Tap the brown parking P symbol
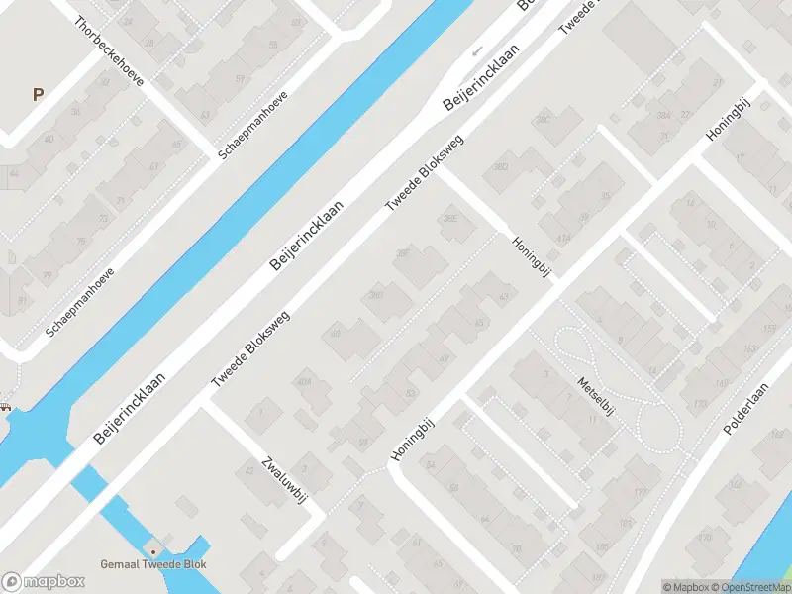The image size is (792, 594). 38,95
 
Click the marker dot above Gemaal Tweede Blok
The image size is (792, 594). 152,550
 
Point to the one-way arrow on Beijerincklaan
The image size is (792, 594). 477,49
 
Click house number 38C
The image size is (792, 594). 543,120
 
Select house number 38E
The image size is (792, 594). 451,219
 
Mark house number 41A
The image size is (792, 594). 563,239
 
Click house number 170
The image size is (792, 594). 705,539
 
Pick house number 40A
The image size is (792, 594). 305,381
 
